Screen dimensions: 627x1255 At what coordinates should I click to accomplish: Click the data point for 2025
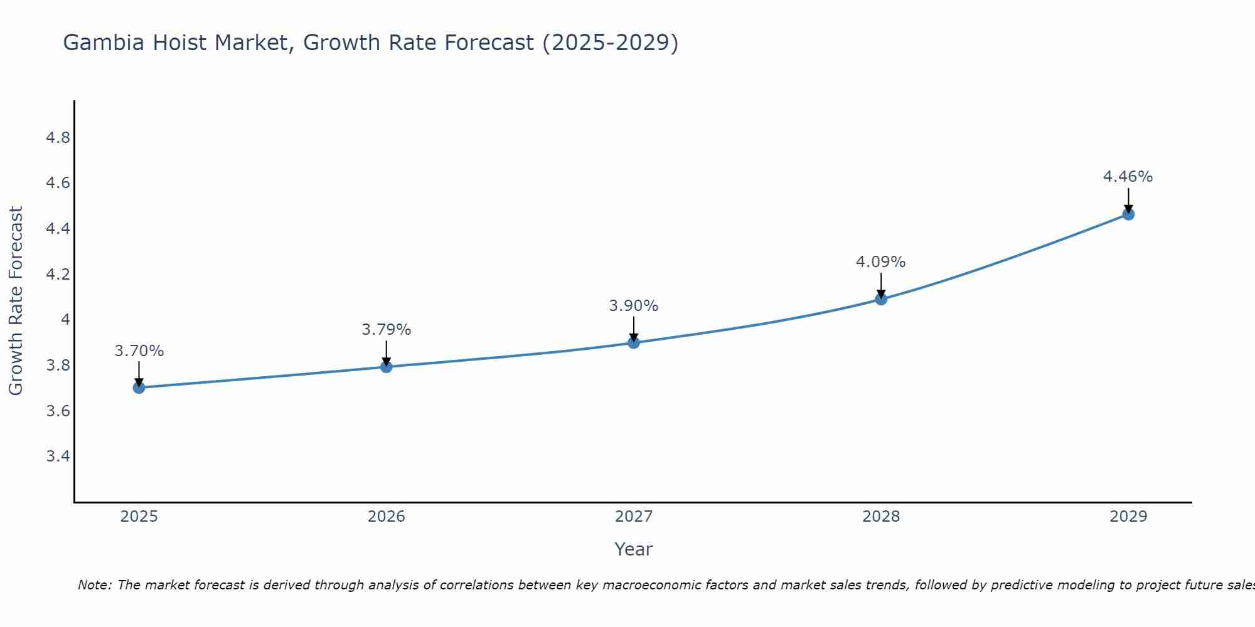point(139,387)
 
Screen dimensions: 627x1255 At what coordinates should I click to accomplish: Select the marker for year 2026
point(387,367)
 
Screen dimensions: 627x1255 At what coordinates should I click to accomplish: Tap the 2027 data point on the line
point(634,342)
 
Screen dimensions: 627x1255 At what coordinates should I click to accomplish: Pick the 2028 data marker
point(881,299)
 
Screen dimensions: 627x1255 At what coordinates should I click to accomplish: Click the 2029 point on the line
point(1128,214)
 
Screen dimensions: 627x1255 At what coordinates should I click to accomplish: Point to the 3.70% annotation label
point(139,351)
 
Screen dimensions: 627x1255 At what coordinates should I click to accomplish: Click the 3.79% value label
point(387,330)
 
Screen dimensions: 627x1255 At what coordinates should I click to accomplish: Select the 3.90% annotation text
point(634,306)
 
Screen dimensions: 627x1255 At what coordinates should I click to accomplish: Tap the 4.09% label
point(881,262)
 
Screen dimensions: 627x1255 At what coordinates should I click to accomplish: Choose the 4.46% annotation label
point(1128,177)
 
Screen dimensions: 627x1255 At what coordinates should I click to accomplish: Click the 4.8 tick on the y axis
point(58,138)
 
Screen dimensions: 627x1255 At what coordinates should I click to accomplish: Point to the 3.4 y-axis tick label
point(58,456)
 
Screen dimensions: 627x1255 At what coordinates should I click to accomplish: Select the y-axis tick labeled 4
point(65,320)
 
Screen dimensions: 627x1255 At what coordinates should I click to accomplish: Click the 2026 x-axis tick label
point(387,517)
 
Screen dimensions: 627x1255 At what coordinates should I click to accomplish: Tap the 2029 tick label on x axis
point(1128,517)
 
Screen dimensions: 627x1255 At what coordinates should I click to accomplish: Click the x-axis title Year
point(634,549)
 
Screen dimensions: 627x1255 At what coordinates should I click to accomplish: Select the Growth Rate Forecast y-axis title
point(16,301)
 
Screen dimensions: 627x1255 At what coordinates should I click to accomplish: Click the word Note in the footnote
point(93,585)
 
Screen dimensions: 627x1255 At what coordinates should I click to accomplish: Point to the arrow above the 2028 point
point(881,285)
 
